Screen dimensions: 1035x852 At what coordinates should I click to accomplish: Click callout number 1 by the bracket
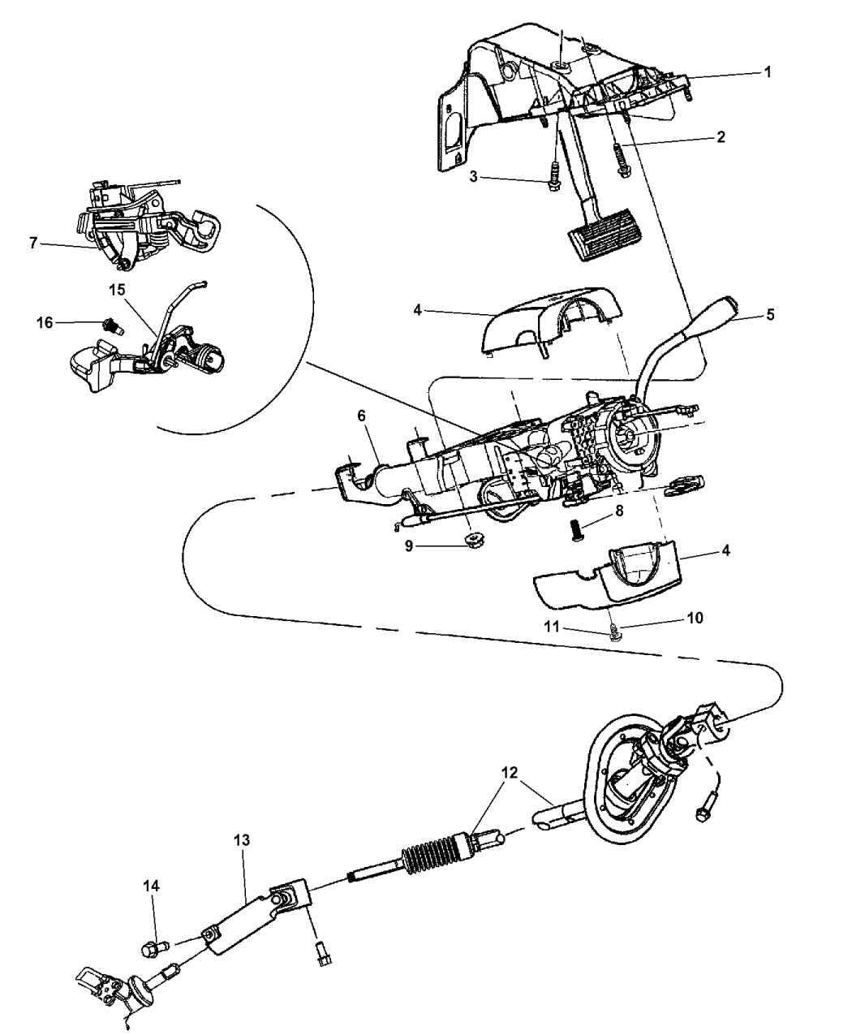(x=766, y=71)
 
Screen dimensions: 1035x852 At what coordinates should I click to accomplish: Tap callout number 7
(x=33, y=242)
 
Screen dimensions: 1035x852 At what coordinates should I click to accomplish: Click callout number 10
(x=695, y=618)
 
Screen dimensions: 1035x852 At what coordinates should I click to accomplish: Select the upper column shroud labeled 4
(x=552, y=321)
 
